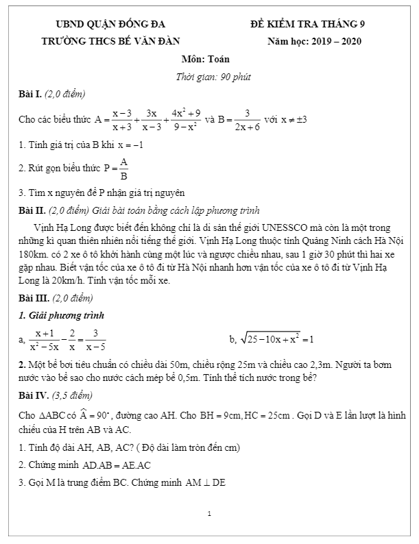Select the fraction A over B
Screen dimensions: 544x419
123,168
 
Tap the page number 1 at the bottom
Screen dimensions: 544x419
209,513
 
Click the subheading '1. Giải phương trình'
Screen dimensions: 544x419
61,316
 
